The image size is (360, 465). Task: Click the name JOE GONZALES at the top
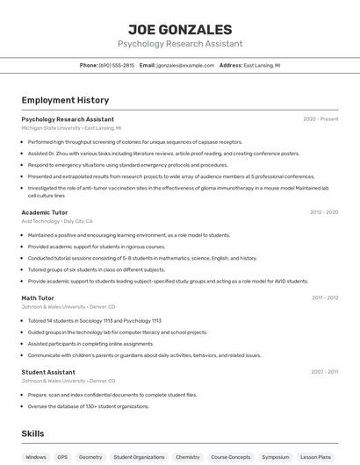tap(180, 29)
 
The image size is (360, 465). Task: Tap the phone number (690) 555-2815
tap(117, 65)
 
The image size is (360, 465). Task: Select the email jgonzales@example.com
tap(185, 65)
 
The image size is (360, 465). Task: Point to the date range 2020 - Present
tap(320, 119)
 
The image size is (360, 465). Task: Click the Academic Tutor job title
tap(44, 212)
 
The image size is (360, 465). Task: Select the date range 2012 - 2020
tap(324, 212)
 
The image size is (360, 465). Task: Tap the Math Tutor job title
tap(38, 297)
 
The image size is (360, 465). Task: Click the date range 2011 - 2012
tap(325, 297)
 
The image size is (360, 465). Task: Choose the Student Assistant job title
tap(48, 372)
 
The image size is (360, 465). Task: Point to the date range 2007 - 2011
tap(325, 372)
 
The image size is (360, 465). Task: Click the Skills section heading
tap(32, 433)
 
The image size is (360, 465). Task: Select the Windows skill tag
tap(36, 457)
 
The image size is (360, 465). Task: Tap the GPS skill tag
tap(62, 457)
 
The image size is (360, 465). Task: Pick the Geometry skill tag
tap(90, 457)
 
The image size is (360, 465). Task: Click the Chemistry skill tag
tap(188, 457)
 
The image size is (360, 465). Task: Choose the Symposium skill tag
tap(276, 457)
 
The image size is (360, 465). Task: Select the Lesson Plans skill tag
tap(316, 457)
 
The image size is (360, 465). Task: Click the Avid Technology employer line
tap(56, 221)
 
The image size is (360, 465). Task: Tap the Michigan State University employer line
tap(71, 128)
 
